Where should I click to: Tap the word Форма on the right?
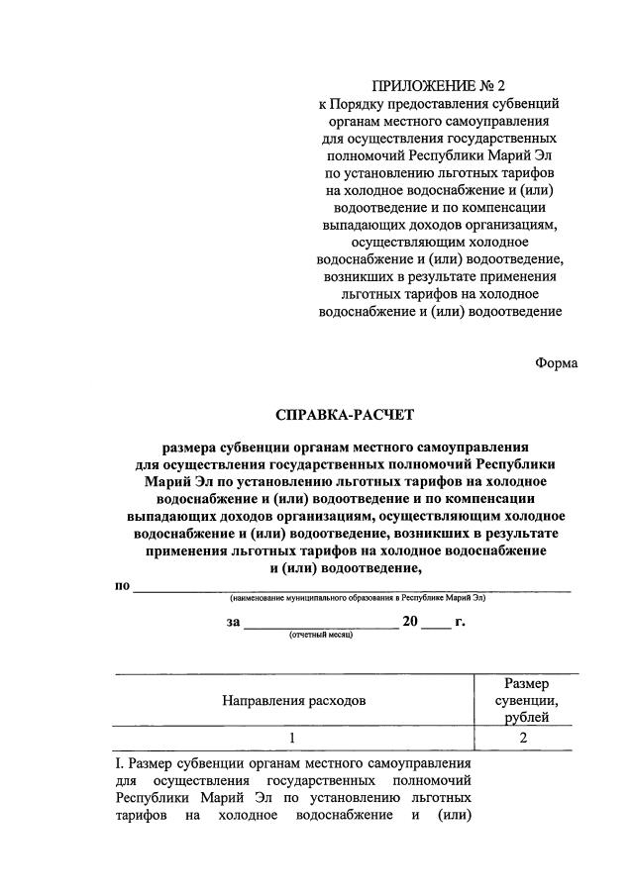556,362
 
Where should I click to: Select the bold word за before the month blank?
233,622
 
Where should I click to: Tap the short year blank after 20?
436,623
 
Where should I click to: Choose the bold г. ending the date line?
460,622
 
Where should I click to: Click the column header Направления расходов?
293,700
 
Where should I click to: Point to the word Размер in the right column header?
527,683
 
